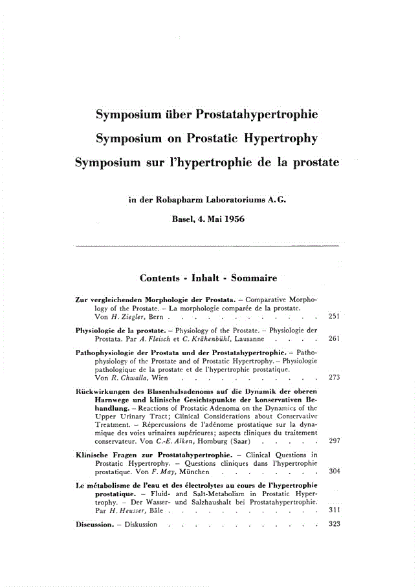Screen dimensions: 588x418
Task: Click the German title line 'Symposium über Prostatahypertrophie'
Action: tap(206, 116)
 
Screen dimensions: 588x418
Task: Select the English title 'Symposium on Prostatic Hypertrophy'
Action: tap(206, 138)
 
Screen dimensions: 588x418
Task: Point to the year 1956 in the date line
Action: tap(231, 219)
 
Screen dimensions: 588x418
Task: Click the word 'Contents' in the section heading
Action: tap(159, 278)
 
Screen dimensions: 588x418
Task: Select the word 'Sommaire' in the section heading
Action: tap(253, 278)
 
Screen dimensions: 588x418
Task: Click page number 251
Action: tap(335, 316)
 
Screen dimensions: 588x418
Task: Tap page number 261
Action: tap(335, 338)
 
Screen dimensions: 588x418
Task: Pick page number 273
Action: tap(335, 377)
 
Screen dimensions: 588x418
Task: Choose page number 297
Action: tap(335, 440)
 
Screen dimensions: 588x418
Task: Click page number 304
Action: tap(335, 471)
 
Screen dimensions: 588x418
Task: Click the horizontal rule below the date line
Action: tap(207, 246)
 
